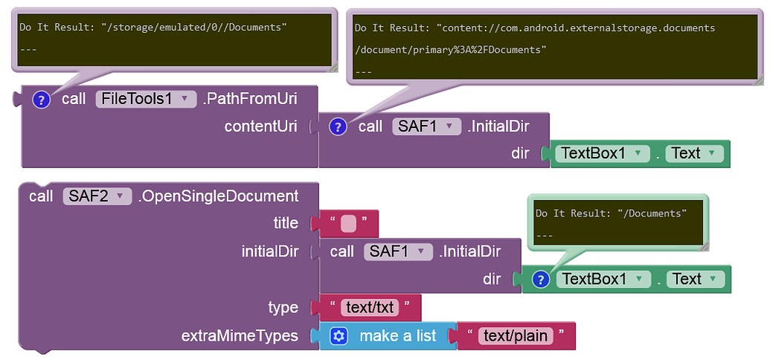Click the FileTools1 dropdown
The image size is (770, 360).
click(146, 99)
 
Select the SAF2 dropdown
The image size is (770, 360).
click(97, 196)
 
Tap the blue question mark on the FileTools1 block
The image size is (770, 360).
click(42, 100)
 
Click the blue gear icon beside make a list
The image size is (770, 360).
click(339, 336)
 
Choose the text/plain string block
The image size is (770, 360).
click(516, 336)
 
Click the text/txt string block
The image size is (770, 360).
click(370, 307)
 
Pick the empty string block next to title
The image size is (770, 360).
click(348, 223)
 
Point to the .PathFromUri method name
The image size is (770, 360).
click(248, 99)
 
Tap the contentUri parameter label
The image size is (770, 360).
click(261, 126)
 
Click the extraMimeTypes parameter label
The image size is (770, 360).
click(240, 336)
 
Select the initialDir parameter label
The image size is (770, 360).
click(269, 251)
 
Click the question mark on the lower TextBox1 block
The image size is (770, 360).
click(542, 279)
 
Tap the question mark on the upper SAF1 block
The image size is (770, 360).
click(339, 126)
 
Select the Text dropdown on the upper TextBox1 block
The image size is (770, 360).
click(694, 153)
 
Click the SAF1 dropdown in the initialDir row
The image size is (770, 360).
click(398, 251)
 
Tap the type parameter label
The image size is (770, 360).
click(283, 307)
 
